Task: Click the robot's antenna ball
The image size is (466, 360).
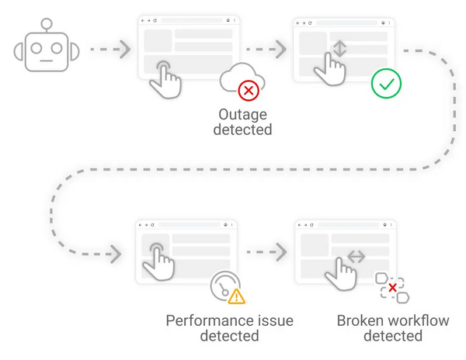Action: coord(47,24)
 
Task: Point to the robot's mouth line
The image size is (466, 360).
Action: coord(47,61)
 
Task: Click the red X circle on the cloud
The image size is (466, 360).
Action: coord(248,91)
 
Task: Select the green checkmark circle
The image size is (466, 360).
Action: coord(386,83)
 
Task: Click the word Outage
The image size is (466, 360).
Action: coord(242,113)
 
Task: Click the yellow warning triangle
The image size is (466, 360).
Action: coord(236,296)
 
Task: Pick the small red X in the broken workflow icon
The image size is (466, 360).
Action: coord(393,288)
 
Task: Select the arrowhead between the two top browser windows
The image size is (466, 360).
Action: coord(280,50)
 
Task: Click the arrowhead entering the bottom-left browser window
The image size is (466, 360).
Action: coord(116,254)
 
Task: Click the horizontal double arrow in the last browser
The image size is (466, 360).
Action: coord(356,257)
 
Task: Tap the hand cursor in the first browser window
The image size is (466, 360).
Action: coord(165,78)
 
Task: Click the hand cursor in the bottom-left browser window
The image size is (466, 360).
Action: coord(158,261)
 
